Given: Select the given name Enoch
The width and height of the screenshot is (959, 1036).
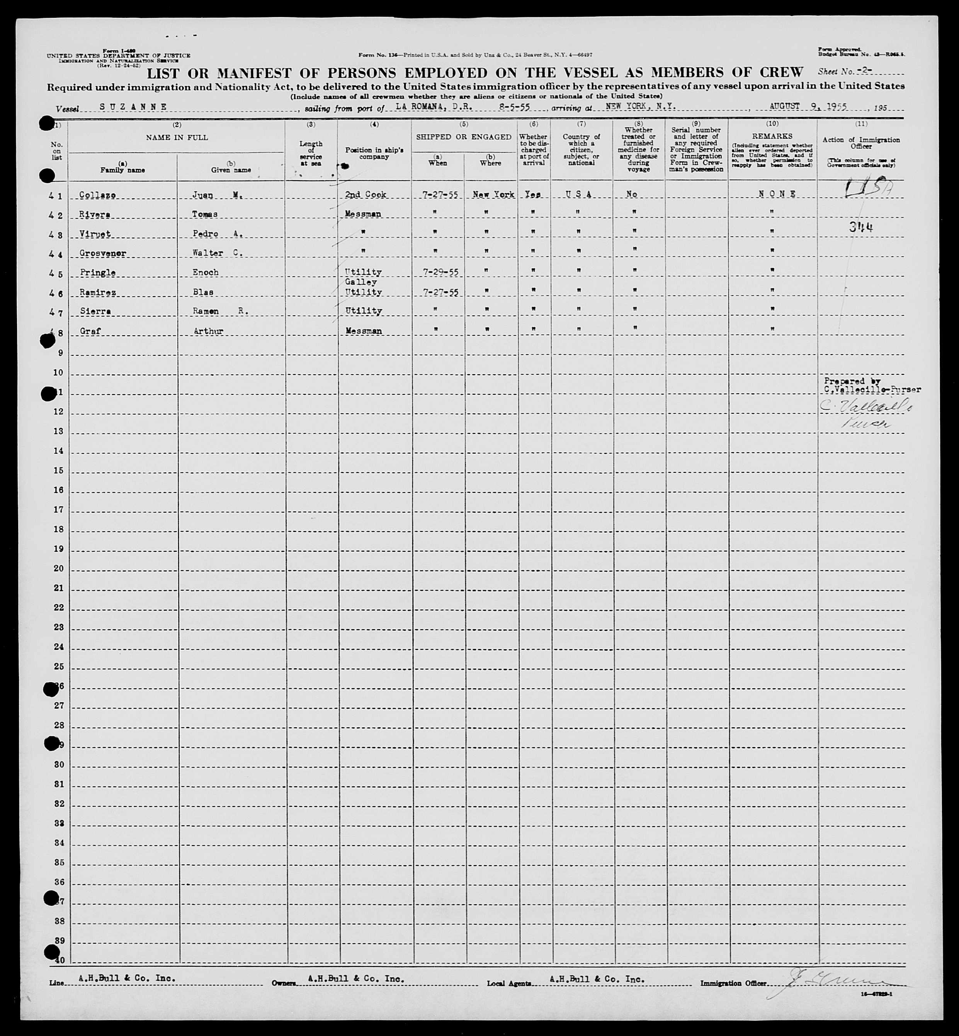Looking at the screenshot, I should tap(206, 272).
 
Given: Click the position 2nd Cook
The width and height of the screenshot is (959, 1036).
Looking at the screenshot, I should tap(366, 195).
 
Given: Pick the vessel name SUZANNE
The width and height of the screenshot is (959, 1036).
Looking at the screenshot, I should tap(133, 107).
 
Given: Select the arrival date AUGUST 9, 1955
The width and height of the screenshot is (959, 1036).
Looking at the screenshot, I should tap(808, 106).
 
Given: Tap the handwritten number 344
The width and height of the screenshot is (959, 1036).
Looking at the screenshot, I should tap(860, 227).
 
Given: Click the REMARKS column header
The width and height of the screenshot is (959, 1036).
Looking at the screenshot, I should tap(772, 136).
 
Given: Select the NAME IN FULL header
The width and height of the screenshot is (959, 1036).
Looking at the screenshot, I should tap(177, 138).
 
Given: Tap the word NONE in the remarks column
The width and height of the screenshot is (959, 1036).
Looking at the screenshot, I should tap(777, 194).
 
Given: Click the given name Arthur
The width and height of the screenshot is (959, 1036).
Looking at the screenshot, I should tap(208, 331).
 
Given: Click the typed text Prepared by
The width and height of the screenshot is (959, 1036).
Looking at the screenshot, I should tap(844, 381).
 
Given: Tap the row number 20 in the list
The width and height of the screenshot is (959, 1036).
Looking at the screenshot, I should tap(58, 569).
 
